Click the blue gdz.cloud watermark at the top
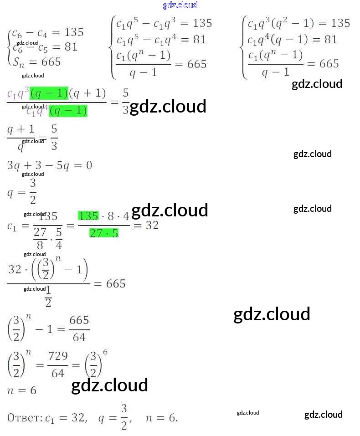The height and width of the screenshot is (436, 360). (x=180, y=5)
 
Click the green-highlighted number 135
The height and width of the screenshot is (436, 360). (x=88, y=216)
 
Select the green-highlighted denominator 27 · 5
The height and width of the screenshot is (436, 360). (x=104, y=233)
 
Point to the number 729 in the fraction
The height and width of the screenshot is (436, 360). (x=58, y=356)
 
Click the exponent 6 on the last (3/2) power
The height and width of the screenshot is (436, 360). (x=105, y=352)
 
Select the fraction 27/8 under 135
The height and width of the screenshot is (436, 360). (x=40, y=237)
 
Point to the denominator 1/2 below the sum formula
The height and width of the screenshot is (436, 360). (x=48, y=297)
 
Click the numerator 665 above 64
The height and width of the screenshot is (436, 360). (x=79, y=320)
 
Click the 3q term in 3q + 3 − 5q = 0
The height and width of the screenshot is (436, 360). (x=14, y=165)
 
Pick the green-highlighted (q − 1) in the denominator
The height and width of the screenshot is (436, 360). (x=68, y=111)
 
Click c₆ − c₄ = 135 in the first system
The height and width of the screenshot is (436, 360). (x=47, y=32)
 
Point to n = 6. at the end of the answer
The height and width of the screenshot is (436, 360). (x=161, y=417)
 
